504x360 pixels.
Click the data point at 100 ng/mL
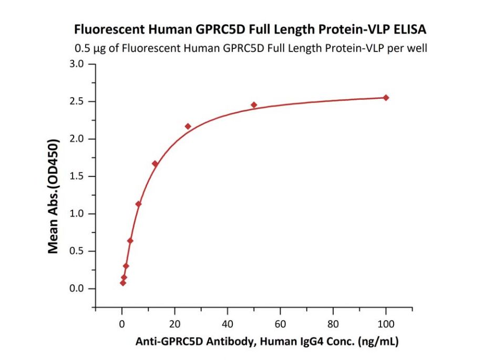(x=386, y=98)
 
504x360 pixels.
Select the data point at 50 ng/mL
(x=254, y=105)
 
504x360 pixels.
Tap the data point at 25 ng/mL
(x=188, y=126)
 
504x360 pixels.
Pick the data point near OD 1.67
(x=155, y=164)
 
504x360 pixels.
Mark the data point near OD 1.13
(x=138, y=204)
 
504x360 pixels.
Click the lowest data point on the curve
(x=123, y=283)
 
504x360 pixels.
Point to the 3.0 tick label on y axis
(x=77, y=64)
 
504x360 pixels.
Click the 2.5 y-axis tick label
(x=77, y=101)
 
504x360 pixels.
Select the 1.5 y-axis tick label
(x=77, y=177)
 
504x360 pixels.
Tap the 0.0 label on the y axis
(x=77, y=289)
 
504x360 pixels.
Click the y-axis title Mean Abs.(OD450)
(x=53, y=196)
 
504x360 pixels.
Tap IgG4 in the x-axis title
(x=310, y=342)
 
